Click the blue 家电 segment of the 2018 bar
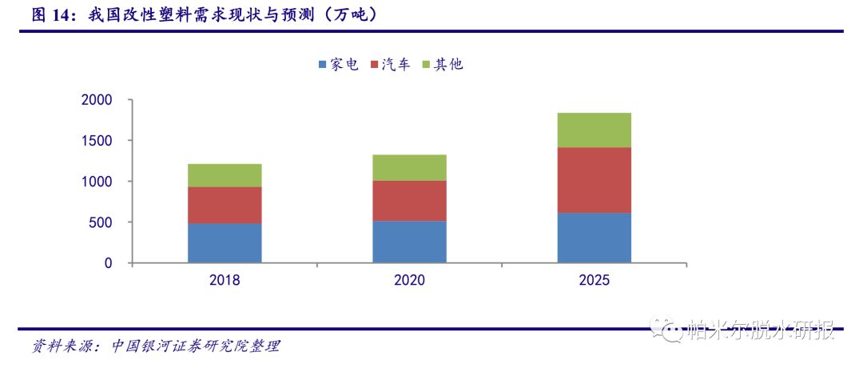(225, 243)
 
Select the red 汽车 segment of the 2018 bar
(225, 205)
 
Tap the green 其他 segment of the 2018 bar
(225, 175)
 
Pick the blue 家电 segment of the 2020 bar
(409, 242)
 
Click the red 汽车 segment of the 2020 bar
(409, 201)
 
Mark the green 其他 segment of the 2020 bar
(409, 167)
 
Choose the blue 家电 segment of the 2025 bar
(594, 238)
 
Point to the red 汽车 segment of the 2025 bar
(594, 180)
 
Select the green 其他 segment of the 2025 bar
(594, 130)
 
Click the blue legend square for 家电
(322, 65)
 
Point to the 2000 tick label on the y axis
(97, 100)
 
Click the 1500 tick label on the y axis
(97, 141)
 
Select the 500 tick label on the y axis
(101, 222)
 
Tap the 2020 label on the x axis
(409, 281)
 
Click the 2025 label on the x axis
(594, 281)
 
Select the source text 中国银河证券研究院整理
(197, 346)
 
